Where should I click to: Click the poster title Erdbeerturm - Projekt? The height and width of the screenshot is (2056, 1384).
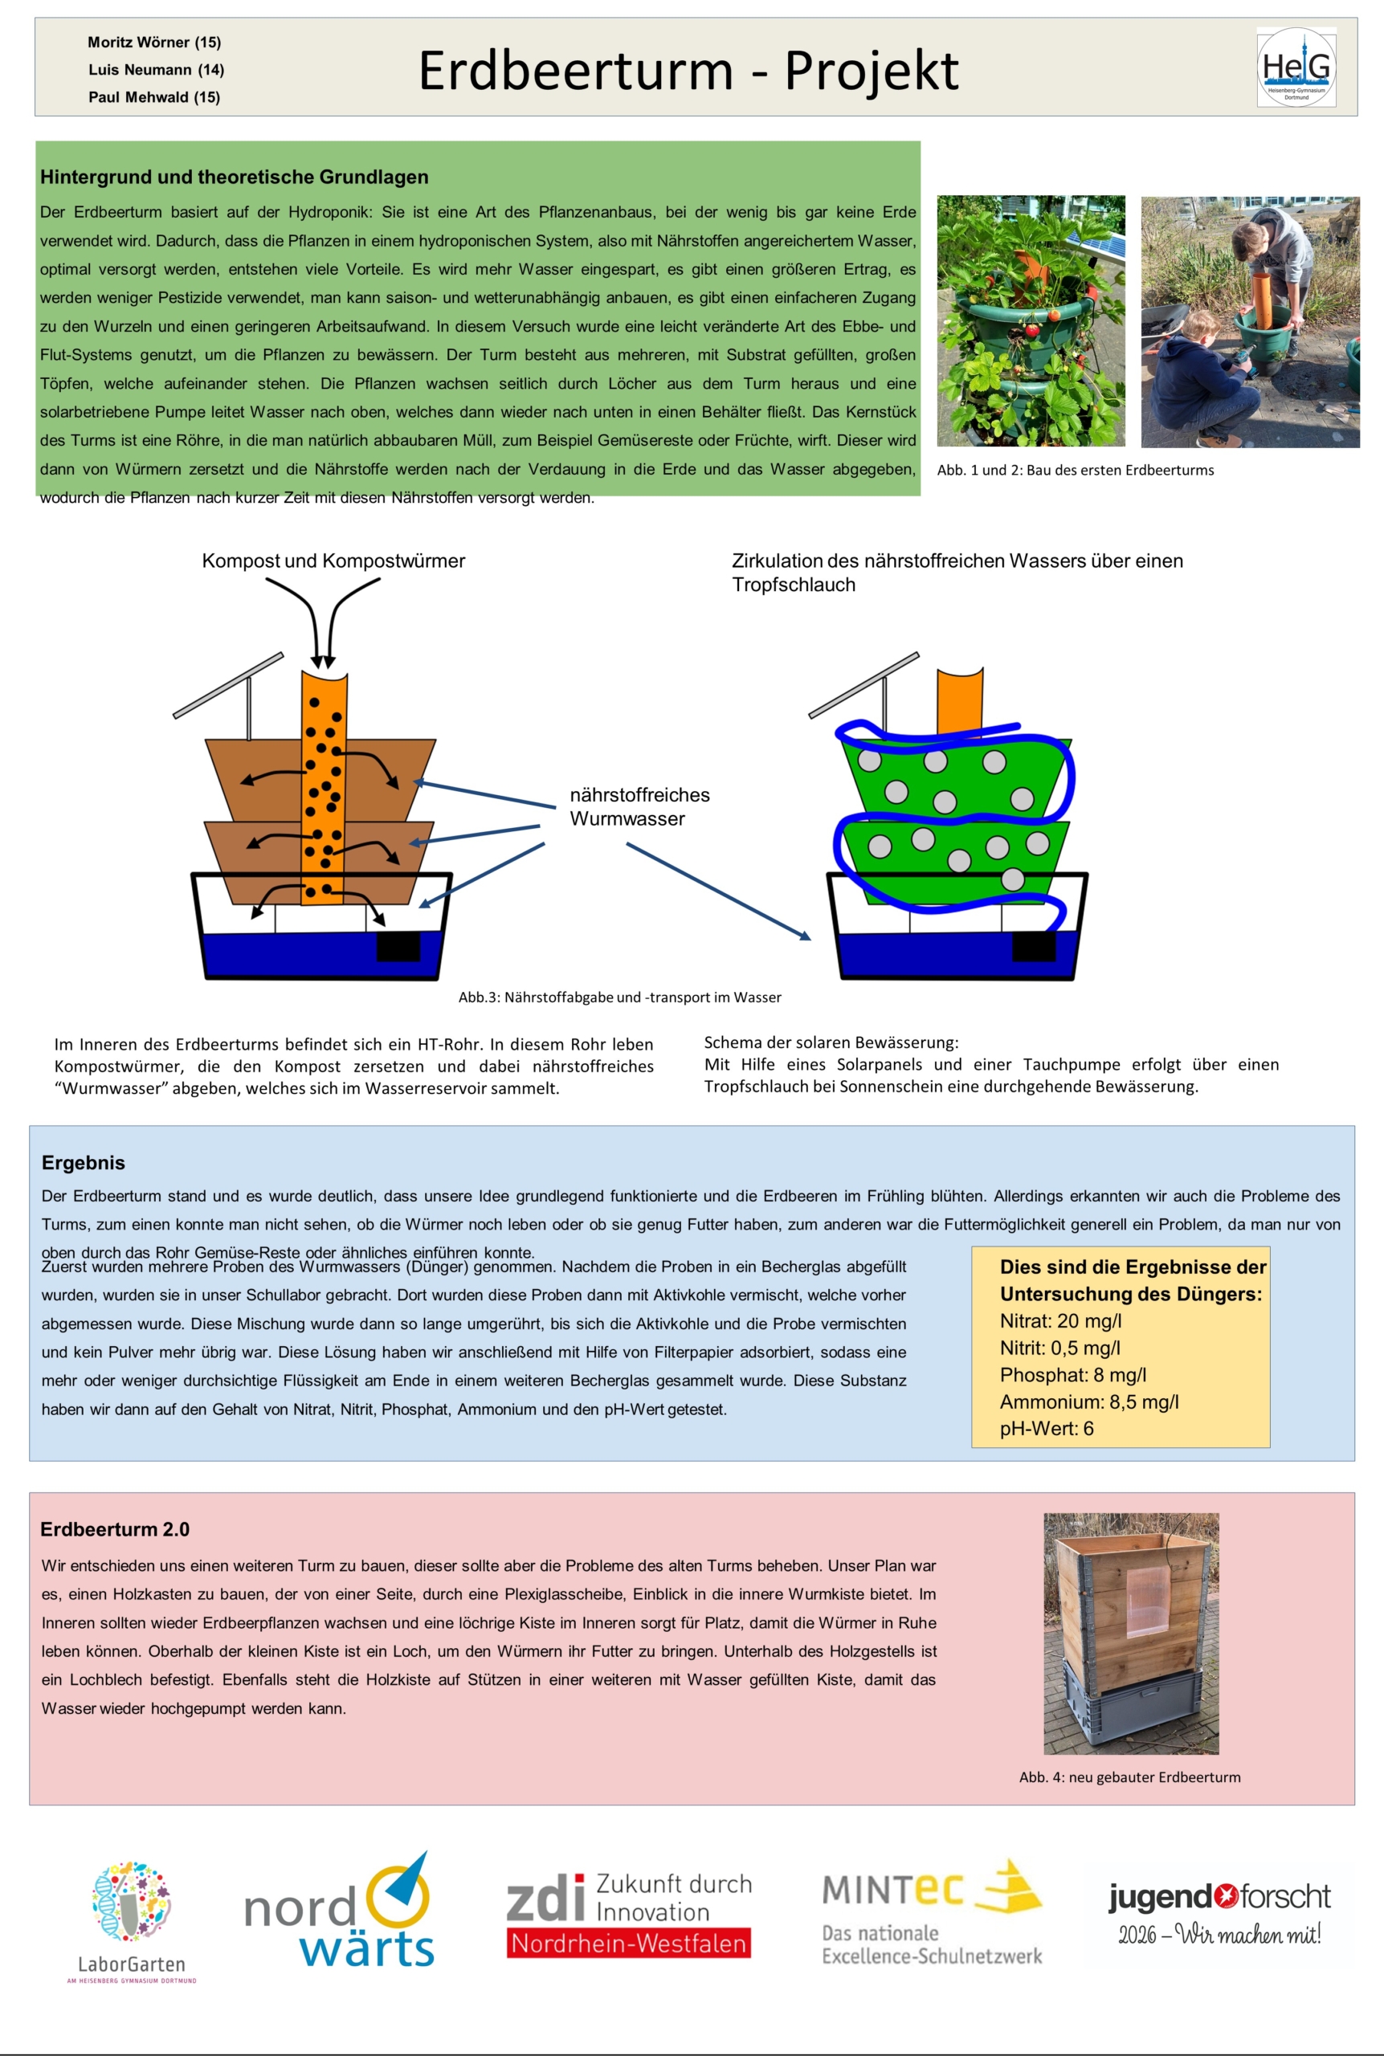pos(688,70)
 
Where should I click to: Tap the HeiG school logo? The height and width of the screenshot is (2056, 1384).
pos(1296,67)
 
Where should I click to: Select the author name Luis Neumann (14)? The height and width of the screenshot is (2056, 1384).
pos(156,70)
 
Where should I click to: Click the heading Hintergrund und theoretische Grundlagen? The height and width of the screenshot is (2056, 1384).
pos(234,177)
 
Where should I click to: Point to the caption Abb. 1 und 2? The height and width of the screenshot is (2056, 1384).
pos(1075,471)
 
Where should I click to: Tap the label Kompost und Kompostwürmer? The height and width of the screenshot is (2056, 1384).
pos(333,561)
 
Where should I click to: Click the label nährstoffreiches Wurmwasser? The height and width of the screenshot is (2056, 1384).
pos(640,806)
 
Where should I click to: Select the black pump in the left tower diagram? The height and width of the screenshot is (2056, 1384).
pos(398,945)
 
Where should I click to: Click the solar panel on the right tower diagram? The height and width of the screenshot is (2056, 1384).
pos(864,686)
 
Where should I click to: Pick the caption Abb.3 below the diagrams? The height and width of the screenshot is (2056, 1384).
pos(619,997)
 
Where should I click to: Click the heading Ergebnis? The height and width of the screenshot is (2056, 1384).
pos(83,1162)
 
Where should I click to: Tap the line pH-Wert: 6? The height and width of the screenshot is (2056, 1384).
pos(1047,1429)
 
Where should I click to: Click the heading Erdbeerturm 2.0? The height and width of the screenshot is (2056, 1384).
pos(115,1529)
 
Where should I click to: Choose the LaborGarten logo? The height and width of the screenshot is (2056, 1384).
pos(132,1922)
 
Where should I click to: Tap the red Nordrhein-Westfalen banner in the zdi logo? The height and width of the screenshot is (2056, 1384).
pos(628,1943)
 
